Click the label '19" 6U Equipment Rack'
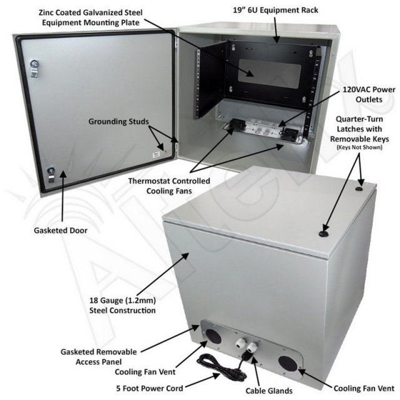point(276,10)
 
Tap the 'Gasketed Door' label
point(61,231)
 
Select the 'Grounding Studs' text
point(119,121)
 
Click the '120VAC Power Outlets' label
point(369,94)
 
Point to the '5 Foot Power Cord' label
point(150,388)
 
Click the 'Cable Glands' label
point(269,391)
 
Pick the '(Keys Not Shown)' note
point(359,147)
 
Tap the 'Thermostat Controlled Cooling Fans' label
point(169,186)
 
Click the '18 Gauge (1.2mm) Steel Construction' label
point(122,306)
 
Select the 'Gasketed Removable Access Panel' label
point(99,357)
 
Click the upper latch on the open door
point(34,67)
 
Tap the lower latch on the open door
point(51,174)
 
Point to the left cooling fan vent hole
point(214,336)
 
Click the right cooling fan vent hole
point(287,364)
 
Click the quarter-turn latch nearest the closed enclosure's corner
point(361,189)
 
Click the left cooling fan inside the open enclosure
point(236,124)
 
